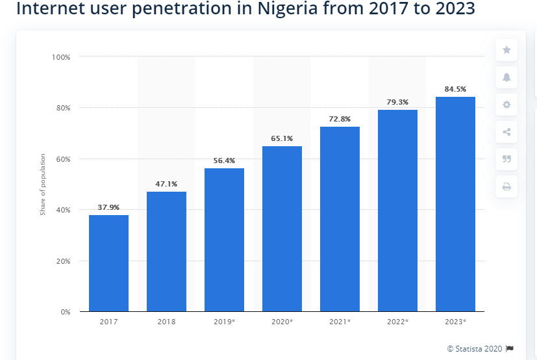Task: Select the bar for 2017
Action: click(108, 263)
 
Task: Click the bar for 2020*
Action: click(282, 229)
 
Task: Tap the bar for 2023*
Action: click(455, 204)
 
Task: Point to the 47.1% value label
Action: click(166, 184)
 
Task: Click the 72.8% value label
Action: click(340, 119)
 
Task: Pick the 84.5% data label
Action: click(455, 89)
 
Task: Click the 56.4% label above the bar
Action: click(224, 161)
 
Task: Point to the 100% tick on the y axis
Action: click(61, 57)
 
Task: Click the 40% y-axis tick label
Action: click(62, 210)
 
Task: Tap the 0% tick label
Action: click(65, 312)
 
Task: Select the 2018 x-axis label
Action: click(166, 322)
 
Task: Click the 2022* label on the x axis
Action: click(397, 322)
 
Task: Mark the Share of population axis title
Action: click(43, 185)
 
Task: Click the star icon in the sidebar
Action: click(506, 50)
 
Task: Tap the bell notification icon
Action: click(506, 77)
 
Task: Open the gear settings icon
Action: click(506, 105)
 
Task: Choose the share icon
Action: click(506, 132)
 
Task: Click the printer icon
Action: click(506, 186)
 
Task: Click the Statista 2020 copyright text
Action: click(475, 348)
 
